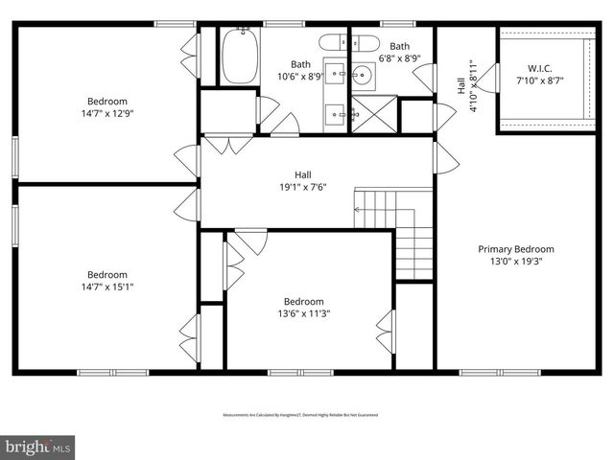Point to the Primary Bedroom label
[516, 249]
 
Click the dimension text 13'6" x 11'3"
[301, 312]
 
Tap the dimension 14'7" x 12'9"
[107, 113]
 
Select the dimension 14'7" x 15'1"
[107, 286]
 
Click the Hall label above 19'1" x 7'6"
[303, 174]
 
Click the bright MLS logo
[38, 447]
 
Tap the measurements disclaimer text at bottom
[300, 415]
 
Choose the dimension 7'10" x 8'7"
[540, 80]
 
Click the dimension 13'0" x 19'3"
[516, 262]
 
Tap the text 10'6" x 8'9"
[301, 77]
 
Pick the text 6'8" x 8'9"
[400, 58]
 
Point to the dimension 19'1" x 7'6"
[303, 187]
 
